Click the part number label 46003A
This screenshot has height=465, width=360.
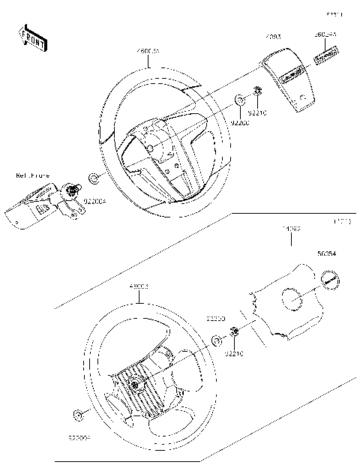click(147, 51)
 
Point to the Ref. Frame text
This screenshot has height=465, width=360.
click(33, 175)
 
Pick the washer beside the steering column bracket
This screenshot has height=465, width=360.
click(94, 178)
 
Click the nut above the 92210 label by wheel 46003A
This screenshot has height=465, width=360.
click(256, 92)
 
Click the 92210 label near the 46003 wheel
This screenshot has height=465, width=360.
click(235, 352)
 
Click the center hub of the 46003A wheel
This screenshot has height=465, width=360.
click(150, 146)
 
